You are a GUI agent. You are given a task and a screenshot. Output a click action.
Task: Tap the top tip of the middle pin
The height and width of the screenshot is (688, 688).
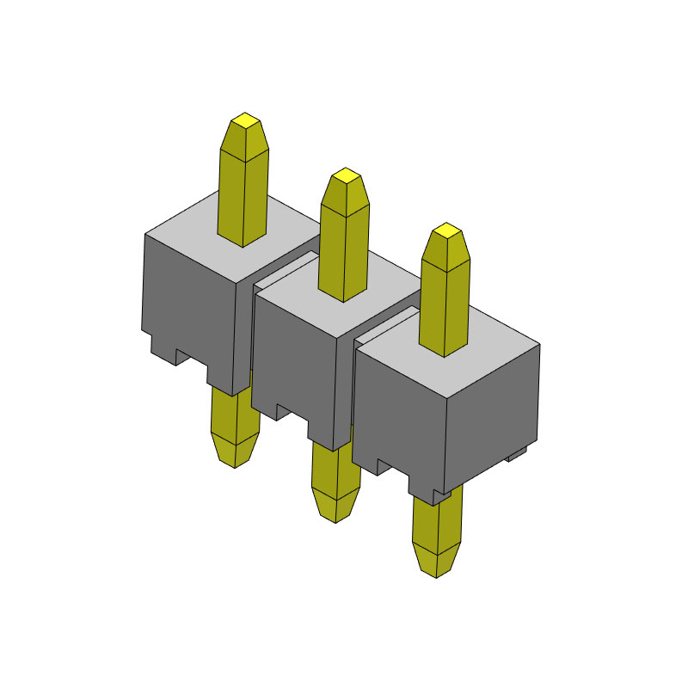coord(346,176)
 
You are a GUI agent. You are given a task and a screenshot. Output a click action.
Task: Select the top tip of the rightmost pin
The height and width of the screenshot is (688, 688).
coord(445,231)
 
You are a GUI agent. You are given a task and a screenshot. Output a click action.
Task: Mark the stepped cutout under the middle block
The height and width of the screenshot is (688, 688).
coord(292,411)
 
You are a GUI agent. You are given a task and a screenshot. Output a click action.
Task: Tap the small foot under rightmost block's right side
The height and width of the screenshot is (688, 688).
coord(519,454)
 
